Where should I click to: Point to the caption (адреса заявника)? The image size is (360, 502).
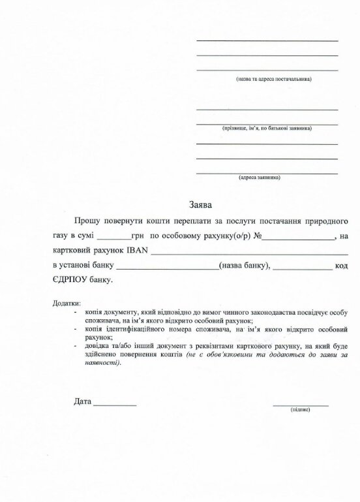260,177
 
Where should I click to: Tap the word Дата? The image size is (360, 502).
83,401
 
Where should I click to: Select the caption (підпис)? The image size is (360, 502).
300,409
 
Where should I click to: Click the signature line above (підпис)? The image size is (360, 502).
300,403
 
